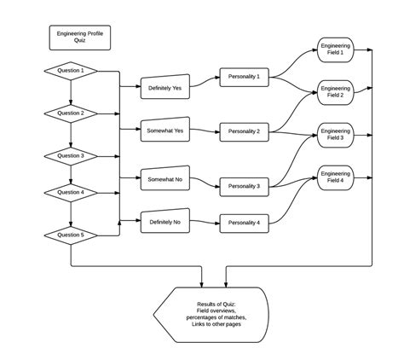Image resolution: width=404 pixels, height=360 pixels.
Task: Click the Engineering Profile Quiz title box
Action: [x=80, y=38]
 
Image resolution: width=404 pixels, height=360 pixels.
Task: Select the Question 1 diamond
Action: [x=71, y=71]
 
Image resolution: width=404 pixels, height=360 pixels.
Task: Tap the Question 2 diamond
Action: [x=71, y=113]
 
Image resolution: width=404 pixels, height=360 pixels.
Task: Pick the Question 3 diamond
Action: [x=71, y=155]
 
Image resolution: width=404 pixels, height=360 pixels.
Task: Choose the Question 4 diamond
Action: [x=71, y=192]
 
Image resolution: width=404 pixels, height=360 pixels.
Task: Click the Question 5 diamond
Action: [x=71, y=234]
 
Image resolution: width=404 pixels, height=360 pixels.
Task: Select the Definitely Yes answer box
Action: [x=165, y=87]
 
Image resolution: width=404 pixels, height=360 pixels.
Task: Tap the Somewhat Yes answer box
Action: [x=165, y=131]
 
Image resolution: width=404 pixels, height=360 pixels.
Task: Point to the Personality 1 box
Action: [x=245, y=77]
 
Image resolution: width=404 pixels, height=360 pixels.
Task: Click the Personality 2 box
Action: [x=245, y=131]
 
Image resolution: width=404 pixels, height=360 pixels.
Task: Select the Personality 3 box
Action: [x=245, y=185]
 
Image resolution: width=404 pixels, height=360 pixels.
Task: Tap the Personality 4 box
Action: [x=245, y=222]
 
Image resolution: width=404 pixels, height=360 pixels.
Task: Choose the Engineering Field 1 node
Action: [x=336, y=49]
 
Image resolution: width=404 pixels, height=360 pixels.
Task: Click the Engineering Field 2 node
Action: [x=336, y=91]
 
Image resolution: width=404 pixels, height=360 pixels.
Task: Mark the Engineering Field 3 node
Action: [x=336, y=134]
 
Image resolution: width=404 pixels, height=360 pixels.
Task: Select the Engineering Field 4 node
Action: [x=336, y=177]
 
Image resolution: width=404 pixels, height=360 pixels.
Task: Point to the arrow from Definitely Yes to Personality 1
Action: [x=205, y=83]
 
